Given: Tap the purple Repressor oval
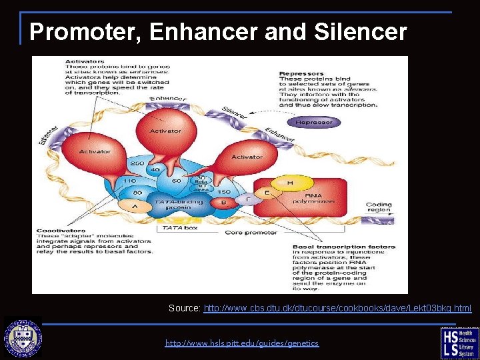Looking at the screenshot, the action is pos(313,123).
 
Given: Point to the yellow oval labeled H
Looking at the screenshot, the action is pos(290,182).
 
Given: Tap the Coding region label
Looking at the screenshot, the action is pos(379,207).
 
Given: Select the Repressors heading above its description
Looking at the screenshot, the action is pos(301,74).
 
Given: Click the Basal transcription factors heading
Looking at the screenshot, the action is pos(344,247).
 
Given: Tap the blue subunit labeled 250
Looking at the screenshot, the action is pos(137,163).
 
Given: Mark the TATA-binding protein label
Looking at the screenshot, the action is pos(173,204).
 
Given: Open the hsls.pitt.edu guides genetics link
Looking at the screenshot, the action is pos(242,343).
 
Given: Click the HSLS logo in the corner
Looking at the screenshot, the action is pos(459,341).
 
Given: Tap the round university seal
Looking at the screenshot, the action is pos(23,339).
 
